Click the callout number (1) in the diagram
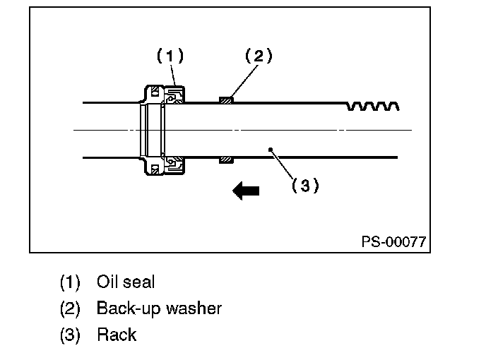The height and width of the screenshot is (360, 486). point(170,56)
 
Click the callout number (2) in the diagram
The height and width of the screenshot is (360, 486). point(259,56)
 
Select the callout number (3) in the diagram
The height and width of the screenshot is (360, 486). point(305,185)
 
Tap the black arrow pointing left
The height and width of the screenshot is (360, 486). point(246,191)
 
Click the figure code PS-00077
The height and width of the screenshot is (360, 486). point(393,241)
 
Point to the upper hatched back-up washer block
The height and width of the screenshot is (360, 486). point(226,100)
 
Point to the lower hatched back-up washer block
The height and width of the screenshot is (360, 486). point(226,160)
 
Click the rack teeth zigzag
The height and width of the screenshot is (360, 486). point(373,106)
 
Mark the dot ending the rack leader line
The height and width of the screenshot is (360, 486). point(271,150)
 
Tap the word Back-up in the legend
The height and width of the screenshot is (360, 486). point(129,308)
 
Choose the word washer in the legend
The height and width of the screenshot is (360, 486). point(194,308)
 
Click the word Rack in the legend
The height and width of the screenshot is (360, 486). point(117,335)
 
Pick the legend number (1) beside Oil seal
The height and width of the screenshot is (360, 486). point(70,282)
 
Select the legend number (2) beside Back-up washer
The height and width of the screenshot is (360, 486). point(70,309)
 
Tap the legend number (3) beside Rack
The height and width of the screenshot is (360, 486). point(70,335)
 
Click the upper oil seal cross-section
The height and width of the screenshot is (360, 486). point(174,95)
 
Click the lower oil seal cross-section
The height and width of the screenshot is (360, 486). point(174,164)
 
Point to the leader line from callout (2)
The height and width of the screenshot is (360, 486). point(245,80)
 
